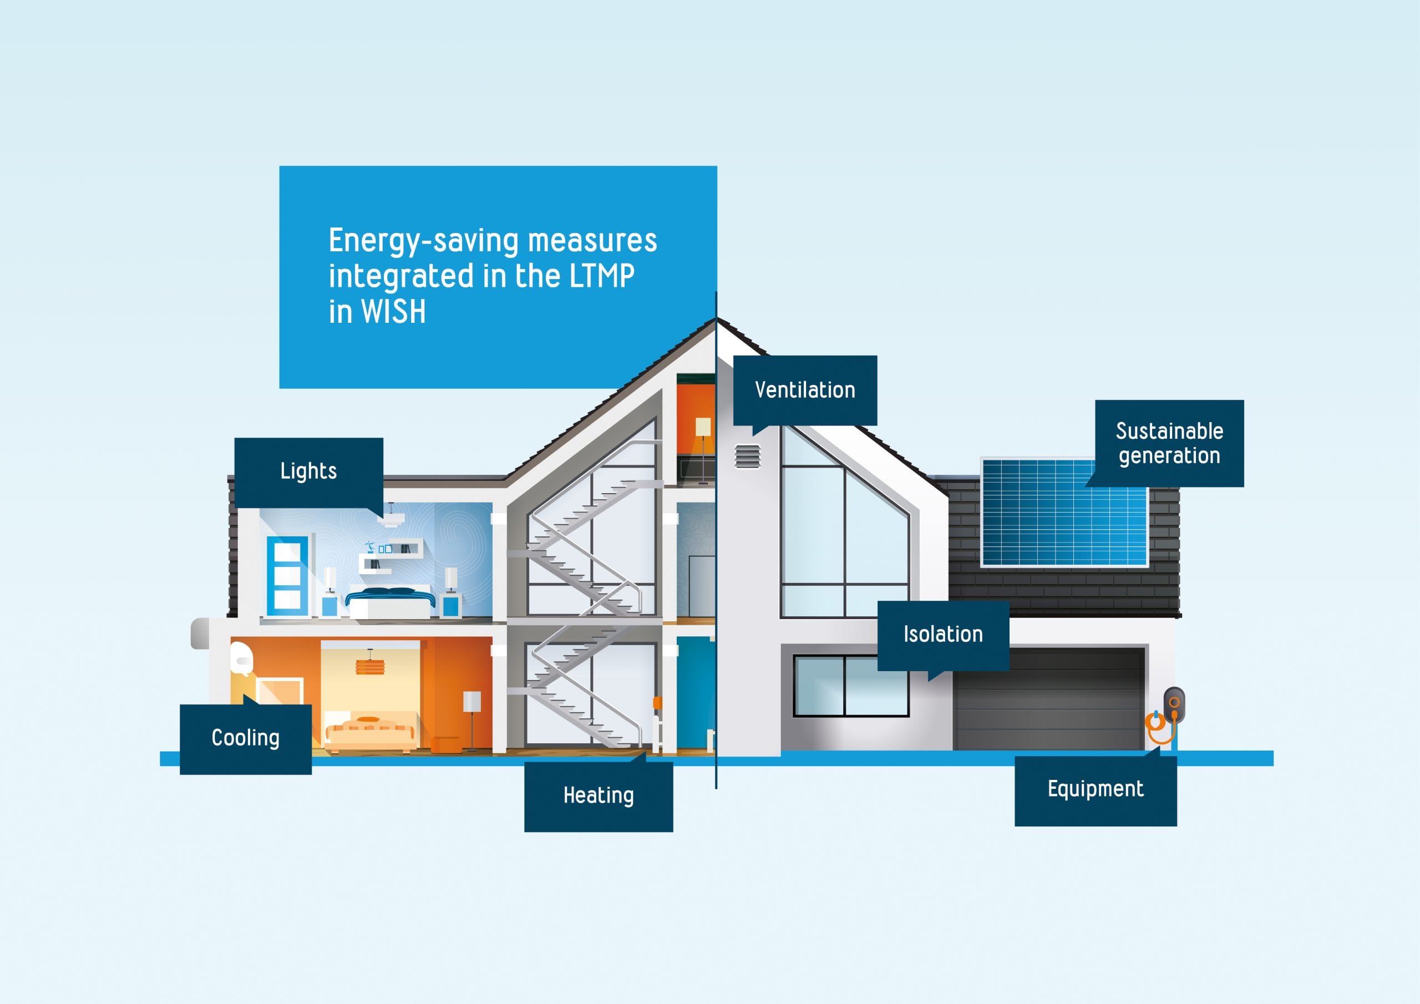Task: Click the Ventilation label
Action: click(x=805, y=391)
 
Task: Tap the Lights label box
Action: click(x=308, y=472)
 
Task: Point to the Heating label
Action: click(x=598, y=796)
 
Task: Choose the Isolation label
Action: click(x=942, y=635)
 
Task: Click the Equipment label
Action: click(x=1096, y=789)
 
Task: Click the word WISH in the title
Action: click(x=393, y=311)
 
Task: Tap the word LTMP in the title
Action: click(x=601, y=276)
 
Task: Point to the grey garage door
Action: click(x=1048, y=699)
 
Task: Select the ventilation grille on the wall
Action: click(x=747, y=457)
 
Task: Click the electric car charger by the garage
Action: click(x=1173, y=705)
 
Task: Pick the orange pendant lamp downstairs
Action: click(x=370, y=667)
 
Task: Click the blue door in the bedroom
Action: click(x=287, y=575)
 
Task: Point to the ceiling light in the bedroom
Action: click(x=391, y=519)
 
